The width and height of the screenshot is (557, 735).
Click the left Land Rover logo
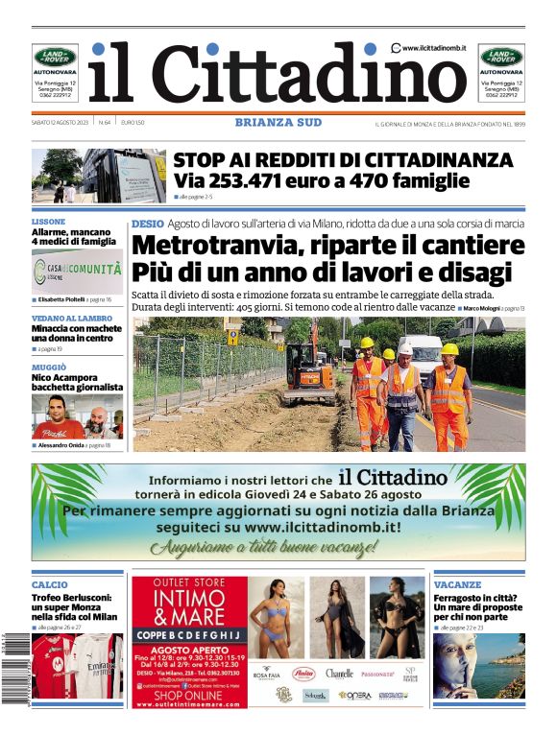pyautogui.click(x=55, y=57)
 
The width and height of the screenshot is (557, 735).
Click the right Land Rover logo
pyautogui.click(x=501, y=57)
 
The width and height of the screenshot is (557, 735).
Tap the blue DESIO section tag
pyautogui.click(x=147, y=223)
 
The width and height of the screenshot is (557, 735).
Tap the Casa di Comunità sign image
pyautogui.click(x=77, y=272)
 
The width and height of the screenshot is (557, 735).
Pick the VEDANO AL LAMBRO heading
pyautogui.click(x=71, y=318)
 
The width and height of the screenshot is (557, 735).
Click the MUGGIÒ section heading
pyautogui.click(x=49, y=367)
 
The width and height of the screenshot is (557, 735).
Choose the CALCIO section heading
pyautogui.click(x=50, y=584)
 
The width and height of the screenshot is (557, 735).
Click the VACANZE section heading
pyautogui.click(x=457, y=584)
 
